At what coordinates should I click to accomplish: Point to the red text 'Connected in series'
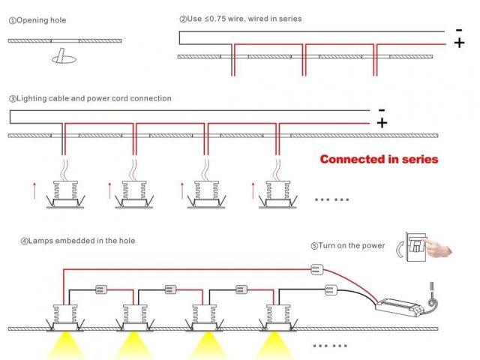[x=379, y=159]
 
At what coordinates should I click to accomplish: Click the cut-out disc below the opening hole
[x=61, y=56]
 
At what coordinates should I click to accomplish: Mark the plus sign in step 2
[x=459, y=43]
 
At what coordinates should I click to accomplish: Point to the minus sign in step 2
[x=458, y=29]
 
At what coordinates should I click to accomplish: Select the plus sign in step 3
[x=382, y=123]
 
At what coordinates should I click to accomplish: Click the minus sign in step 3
[x=382, y=109]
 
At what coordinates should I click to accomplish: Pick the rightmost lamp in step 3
[x=274, y=194]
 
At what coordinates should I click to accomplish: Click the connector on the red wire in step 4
[x=316, y=268]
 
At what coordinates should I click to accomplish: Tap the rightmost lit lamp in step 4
[x=274, y=316]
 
